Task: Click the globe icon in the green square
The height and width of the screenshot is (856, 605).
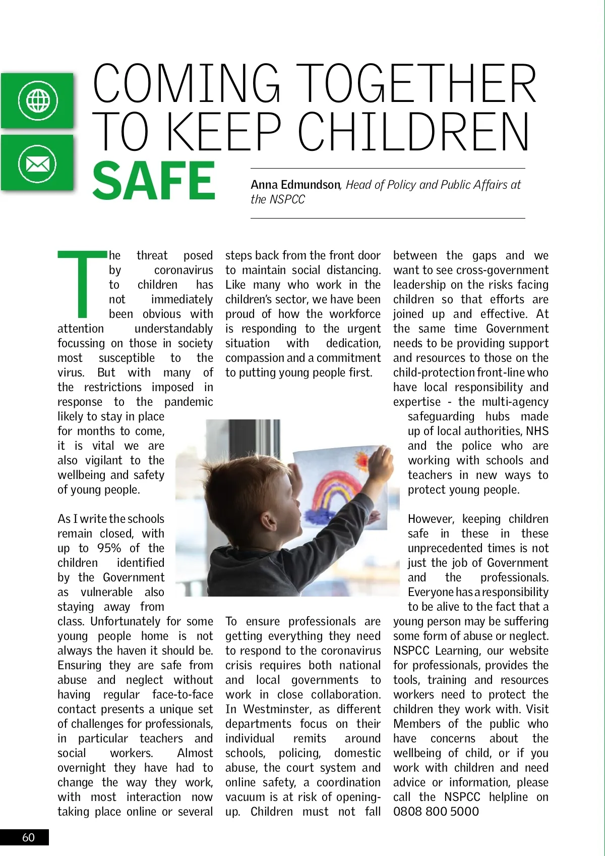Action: pyautogui.click(x=38, y=100)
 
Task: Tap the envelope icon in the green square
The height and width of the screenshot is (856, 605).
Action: pyautogui.click(x=37, y=164)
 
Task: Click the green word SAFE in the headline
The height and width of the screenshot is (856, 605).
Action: pyautogui.click(x=154, y=181)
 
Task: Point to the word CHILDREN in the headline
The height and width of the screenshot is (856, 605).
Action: pyautogui.click(x=413, y=132)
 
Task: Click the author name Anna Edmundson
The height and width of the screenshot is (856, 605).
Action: pyautogui.click(x=295, y=185)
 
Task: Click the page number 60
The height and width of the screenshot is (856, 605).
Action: pyautogui.click(x=28, y=837)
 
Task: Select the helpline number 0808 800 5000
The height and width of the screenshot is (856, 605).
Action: pyautogui.click(x=436, y=812)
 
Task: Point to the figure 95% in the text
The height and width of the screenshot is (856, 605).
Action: pyautogui.click(x=109, y=548)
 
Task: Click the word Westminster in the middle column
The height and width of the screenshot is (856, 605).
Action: pyautogui.click(x=278, y=709)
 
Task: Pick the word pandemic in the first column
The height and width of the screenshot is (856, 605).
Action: pyautogui.click(x=189, y=402)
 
